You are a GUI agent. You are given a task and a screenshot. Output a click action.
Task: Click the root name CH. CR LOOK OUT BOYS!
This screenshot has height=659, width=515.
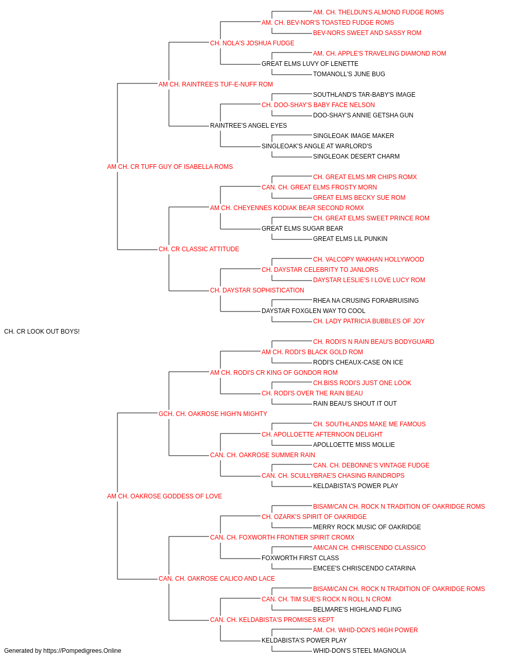(42, 332)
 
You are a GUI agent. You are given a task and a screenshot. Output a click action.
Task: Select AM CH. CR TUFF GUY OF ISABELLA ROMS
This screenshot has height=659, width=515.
(170, 167)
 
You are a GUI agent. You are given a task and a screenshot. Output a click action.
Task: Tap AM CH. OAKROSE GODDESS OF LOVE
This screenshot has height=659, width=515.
(164, 496)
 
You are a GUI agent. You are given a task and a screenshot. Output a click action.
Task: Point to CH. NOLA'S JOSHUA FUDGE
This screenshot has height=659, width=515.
(252, 43)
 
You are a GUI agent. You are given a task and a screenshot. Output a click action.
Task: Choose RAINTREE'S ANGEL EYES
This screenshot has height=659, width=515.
(248, 126)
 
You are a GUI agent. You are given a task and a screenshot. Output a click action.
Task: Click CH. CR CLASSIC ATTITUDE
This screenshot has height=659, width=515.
(199, 249)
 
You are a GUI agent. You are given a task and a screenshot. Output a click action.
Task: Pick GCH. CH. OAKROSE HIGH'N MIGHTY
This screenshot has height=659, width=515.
(213, 414)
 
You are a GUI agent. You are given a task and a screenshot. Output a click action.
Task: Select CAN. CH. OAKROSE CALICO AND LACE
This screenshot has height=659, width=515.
(216, 579)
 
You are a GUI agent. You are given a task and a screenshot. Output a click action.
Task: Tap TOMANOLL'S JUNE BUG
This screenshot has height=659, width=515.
(349, 74)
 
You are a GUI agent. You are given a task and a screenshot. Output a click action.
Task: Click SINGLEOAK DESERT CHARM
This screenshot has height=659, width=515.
(356, 157)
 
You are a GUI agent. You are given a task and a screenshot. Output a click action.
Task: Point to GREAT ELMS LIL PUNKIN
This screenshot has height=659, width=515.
(350, 239)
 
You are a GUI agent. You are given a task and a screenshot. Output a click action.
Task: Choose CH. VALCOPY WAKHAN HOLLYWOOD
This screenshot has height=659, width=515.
(369, 259)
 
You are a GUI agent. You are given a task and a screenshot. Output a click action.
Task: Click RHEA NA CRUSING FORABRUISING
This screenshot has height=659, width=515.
(366, 301)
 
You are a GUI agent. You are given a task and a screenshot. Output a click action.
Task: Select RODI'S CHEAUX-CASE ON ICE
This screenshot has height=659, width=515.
(358, 362)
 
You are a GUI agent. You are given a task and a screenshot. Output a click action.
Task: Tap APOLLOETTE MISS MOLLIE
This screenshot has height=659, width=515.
(354, 445)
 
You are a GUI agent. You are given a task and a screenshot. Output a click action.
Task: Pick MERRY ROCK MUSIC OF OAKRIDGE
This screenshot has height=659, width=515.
(367, 527)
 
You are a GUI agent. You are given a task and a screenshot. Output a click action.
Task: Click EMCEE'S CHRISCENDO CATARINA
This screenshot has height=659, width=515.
(364, 568)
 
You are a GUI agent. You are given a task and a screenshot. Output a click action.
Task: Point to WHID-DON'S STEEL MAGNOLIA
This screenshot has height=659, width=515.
(359, 651)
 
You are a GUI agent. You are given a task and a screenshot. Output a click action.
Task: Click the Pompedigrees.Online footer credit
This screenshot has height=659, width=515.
(62, 651)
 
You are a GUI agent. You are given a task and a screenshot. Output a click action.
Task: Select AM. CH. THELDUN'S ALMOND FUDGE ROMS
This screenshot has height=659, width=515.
(378, 12)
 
